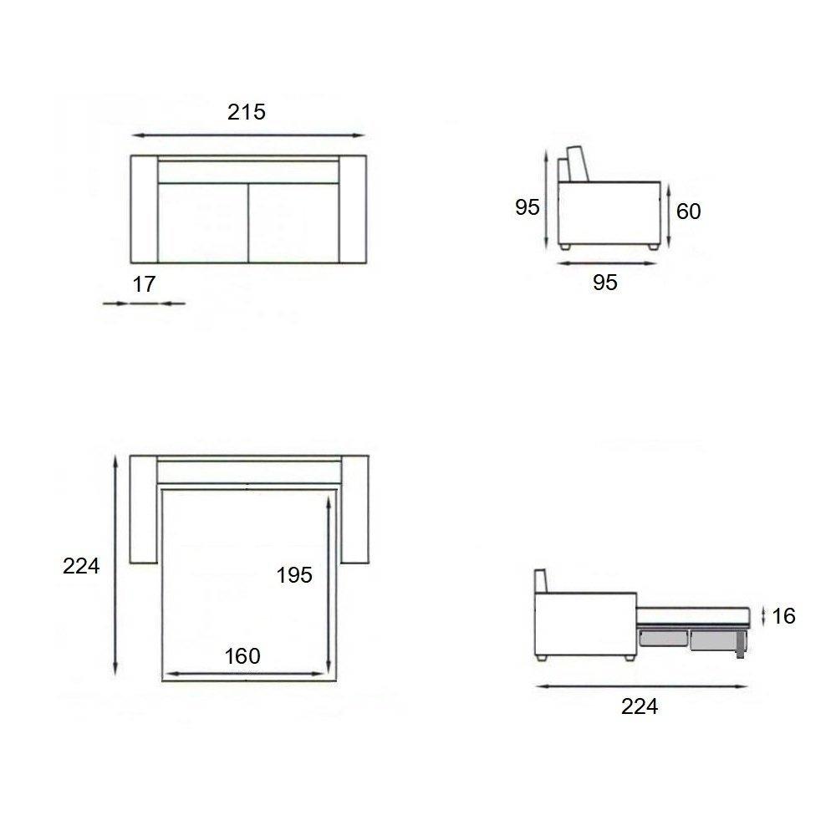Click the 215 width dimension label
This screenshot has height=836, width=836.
[247, 112]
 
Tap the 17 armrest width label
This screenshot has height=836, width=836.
[144, 284]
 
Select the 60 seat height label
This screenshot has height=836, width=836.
[688, 212]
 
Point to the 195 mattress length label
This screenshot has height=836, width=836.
[294, 575]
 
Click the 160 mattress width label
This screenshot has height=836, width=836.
[242, 656]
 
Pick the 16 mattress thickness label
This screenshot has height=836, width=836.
[783, 616]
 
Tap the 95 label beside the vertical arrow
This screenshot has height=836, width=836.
[528, 207]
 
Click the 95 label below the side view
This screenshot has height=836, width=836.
[605, 283]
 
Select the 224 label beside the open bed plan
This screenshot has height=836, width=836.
[81, 566]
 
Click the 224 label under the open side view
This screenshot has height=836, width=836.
[640, 707]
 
